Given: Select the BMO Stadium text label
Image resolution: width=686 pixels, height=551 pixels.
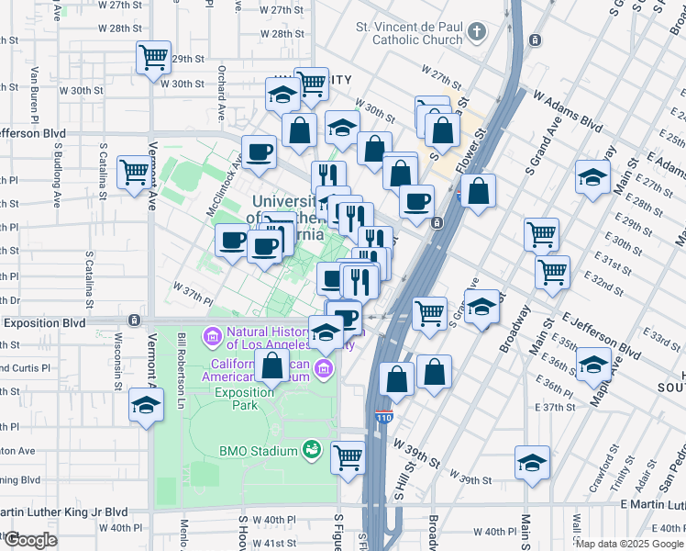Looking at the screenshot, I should click(x=260, y=451).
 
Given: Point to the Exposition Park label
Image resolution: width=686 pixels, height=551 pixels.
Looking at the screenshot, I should click(x=246, y=398).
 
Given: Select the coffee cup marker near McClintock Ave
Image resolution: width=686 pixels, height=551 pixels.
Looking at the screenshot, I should click(x=259, y=152).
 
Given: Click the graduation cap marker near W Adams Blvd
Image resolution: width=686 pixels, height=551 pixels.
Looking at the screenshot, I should click(x=593, y=176).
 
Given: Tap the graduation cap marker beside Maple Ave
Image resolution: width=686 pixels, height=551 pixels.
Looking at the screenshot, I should click(x=593, y=365).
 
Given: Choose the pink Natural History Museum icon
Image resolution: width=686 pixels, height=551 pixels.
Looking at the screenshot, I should click(x=212, y=338).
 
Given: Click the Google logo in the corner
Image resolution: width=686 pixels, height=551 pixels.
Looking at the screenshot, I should click(x=30, y=540).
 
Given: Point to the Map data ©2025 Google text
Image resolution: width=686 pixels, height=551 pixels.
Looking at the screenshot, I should click(x=628, y=544).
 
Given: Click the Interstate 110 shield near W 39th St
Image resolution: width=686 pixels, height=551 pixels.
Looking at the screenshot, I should click(x=383, y=418).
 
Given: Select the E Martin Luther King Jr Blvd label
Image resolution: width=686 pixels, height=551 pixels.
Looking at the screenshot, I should click(x=651, y=504).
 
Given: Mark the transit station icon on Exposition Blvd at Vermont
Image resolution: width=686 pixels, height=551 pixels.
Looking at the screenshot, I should click(x=135, y=320).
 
